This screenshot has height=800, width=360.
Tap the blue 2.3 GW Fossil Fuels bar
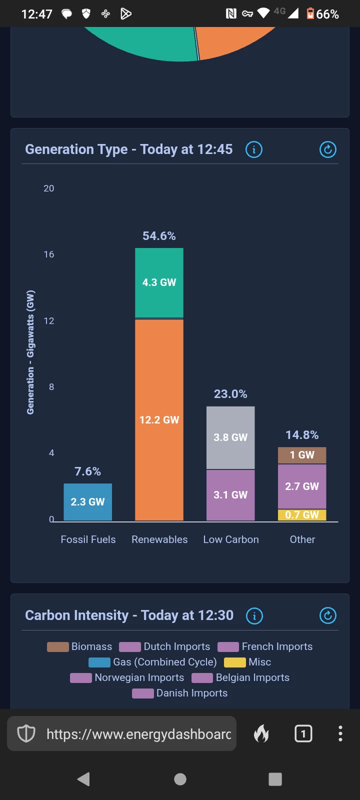pos(87,502)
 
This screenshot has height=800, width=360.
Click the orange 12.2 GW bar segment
pos(159,420)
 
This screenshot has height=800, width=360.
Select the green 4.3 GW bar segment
pos(159,282)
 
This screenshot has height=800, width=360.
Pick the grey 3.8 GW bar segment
pos(230,437)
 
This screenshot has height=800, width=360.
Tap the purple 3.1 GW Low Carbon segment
pos(230,495)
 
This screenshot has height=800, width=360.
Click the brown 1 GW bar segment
pos(302,455)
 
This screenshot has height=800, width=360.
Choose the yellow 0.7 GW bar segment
pos(302,515)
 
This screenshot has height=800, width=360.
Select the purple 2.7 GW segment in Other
pos(302,486)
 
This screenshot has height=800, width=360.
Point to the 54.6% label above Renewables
pos(159,236)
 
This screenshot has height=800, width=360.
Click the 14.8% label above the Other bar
pos(302,435)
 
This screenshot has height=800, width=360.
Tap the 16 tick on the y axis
pos(49,254)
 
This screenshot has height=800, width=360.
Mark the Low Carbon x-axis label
pos(231,539)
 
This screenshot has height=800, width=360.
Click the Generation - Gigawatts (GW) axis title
pos(30,352)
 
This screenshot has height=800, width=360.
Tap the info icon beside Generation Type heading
pos(254,149)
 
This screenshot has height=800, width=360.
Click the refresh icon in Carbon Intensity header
pos(328,615)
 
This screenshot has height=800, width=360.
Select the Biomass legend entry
pos(80,646)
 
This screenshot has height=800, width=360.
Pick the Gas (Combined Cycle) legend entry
pos(153,662)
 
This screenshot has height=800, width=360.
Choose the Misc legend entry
pos(248,662)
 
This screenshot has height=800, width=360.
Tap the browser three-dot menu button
pos(340,733)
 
